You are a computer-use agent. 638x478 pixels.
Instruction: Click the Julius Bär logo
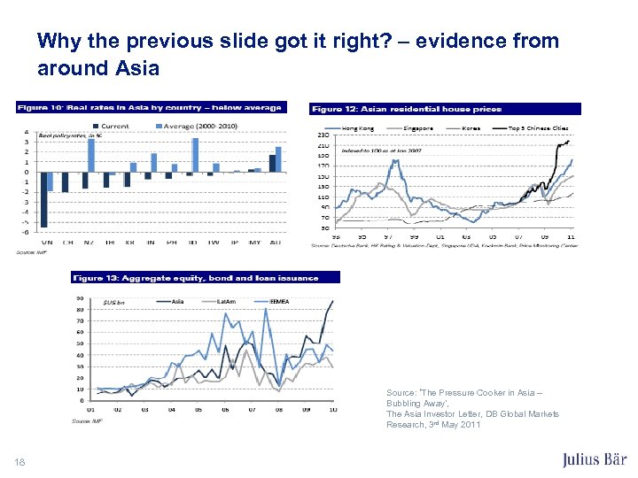(595, 459)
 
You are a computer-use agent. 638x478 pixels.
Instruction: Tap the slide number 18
(20, 460)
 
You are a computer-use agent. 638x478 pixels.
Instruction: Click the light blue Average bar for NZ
(91, 155)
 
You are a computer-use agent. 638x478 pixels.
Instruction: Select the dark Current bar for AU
(272, 163)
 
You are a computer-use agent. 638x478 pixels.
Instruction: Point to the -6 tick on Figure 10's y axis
(27, 232)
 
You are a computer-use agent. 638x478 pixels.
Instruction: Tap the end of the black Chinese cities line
(567, 141)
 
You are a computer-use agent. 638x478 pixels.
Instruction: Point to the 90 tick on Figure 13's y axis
(81, 298)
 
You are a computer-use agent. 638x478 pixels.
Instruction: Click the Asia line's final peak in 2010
(333, 302)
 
